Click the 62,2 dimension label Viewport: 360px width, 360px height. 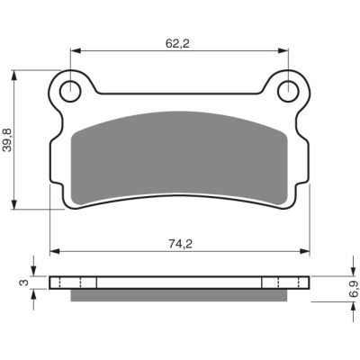pyautogui.click(x=177, y=44)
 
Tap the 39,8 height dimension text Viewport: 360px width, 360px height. pyautogui.click(x=7, y=139)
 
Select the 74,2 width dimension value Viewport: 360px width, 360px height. pyautogui.click(x=180, y=244)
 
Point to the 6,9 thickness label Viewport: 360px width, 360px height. pyautogui.click(x=354, y=289)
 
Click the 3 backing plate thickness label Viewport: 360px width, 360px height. pyautogui.click(x=25, y=283)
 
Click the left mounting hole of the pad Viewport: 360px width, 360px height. pyautogui.click(x=70, y=91)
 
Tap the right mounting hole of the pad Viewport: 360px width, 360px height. pyautogui.click(x=288, y=91)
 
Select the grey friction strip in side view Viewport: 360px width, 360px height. pyautogui.click(x=179, y=295)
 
